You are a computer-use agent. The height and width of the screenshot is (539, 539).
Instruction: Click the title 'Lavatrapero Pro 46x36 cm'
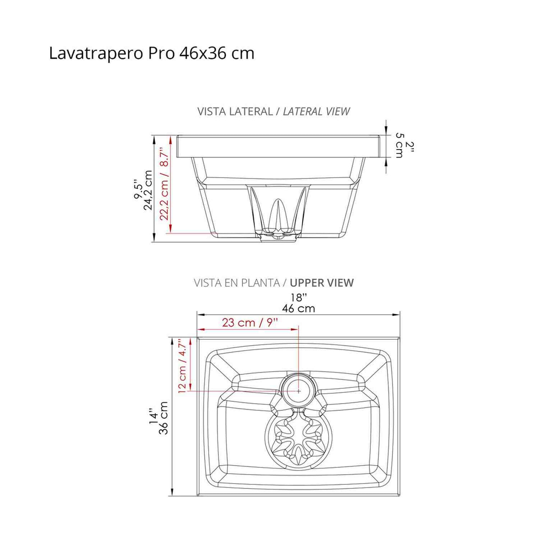[x=151, y=53]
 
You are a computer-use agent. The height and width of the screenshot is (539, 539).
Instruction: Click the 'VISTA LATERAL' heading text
[x=235, y=111]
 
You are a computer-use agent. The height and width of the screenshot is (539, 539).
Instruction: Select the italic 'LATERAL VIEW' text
[x=317, y=111]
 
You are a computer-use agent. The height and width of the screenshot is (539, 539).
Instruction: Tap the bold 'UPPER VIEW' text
[x=322, y=283]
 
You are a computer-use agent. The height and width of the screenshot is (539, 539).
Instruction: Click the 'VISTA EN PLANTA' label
[x=237, y=283]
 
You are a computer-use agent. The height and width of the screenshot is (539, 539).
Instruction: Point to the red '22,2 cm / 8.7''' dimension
[x=164, y=184]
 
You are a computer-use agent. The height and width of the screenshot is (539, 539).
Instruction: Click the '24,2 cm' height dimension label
[x=148, y=190]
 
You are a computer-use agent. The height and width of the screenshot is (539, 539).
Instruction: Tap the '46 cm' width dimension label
[x=298, y=309]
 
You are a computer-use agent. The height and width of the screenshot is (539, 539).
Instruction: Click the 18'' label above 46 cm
[x=299, y=297]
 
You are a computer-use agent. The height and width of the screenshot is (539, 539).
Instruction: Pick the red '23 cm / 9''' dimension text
[x=250, y=322]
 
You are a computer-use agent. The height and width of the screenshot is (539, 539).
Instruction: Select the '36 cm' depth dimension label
[x=163, y=418]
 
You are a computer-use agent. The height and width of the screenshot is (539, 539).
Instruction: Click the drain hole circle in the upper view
[x=298, y=390]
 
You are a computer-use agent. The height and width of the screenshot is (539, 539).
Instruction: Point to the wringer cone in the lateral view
[x=277, y=213]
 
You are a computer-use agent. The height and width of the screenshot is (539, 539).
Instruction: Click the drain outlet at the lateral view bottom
[x=278, y=238]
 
